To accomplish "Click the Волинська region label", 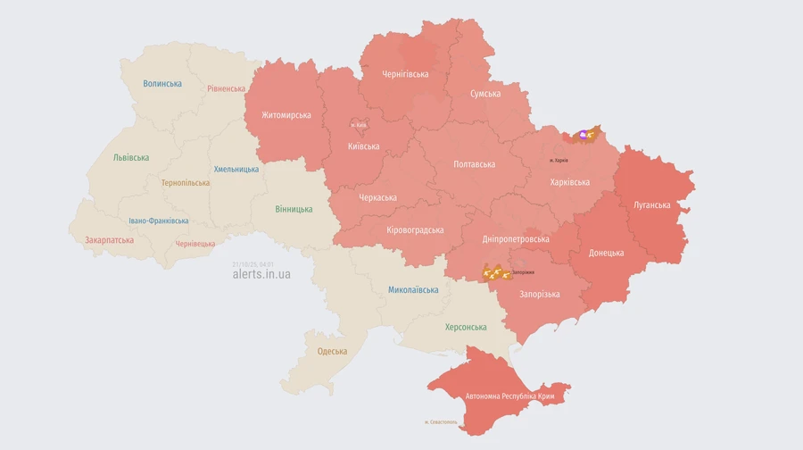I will pos(162,84).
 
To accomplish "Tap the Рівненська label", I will pos(226,88).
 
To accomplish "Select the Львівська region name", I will pos(131,157).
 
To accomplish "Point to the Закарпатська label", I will pos(109,240).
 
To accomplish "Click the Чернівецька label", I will pos(195,243).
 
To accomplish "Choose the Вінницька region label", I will pos(294,209).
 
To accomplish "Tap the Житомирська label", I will pos(286,115).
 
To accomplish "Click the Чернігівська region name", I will pos(405,74).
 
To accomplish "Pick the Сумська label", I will pos(485,94).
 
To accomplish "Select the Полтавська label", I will pos(474,164).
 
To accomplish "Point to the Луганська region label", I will pos(651,204).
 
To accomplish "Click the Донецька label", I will pos(606,253).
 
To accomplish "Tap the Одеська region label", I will pos(332,351).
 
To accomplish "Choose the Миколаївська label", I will pos(413,290).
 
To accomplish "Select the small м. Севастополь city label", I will pos(441,421).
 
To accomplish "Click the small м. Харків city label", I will pos(559,160).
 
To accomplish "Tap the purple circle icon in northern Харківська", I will pos(584,135).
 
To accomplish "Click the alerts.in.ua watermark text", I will pos(261,274).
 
